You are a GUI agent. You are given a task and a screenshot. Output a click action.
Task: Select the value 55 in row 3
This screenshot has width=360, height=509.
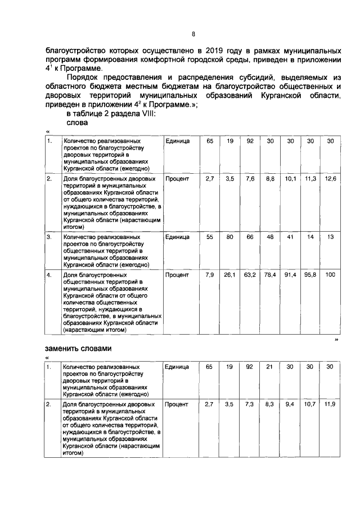(x=210, y=238)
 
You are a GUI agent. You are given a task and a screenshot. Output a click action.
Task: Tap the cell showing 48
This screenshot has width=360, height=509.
(x=270, y=238)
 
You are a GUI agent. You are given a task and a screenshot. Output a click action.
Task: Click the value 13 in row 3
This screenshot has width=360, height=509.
(x=330, y=238)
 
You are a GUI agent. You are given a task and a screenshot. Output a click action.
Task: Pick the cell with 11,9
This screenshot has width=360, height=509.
(x=330, y=404)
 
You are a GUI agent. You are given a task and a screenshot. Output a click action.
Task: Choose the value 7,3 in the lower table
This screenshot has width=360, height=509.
(x=250, y=404)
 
